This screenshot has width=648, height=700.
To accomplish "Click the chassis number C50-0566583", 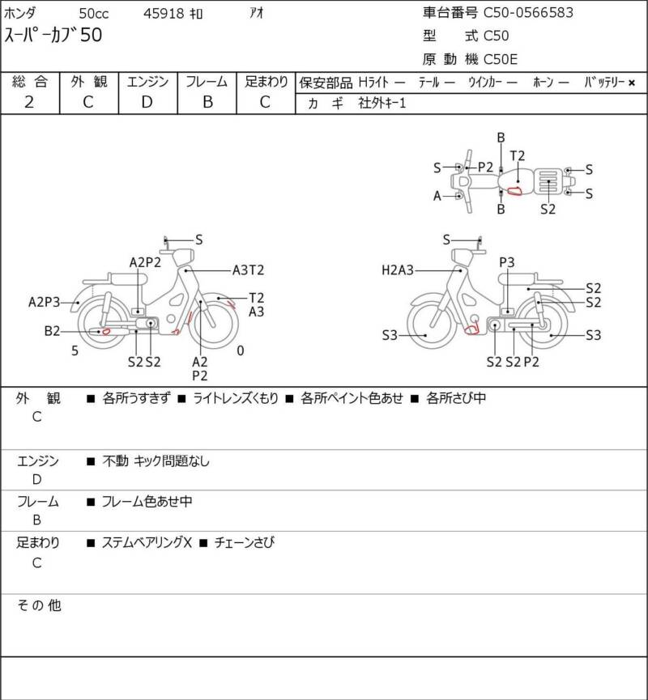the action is tap(528, 12).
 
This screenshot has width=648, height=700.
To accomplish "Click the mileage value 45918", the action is tap(164, 14).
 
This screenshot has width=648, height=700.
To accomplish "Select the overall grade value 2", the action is tap(29, 102).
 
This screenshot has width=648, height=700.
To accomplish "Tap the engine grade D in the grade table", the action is tap(147, 102).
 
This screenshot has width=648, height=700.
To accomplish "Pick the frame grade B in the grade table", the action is tap(207, 102).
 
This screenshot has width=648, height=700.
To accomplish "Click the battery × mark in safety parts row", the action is tap(632, 83).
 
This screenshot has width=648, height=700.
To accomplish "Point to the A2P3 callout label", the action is tap(44, 302).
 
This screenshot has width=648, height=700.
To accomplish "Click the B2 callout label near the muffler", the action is tap(52, 331).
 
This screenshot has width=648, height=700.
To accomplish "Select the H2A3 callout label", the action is tap(397, 270).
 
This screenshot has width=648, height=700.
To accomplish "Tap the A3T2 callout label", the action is tap(248, 270).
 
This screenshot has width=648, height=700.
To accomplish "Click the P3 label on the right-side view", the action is tap(507, 262).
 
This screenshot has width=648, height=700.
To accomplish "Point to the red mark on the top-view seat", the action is tap(514, 191).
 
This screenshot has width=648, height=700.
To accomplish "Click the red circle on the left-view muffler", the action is tap(106, 331).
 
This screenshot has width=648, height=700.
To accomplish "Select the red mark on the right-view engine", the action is tap(472, 330).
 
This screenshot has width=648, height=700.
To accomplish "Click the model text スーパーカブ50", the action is tap(53, 36).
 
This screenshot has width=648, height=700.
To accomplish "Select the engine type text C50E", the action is tap(501, 59).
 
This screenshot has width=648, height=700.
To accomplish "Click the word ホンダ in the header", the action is tap(20, 14).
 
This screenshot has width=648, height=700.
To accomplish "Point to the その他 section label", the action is tap(39, 605).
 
